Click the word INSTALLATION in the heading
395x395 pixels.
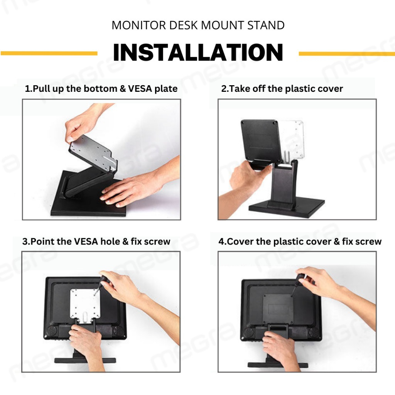198,52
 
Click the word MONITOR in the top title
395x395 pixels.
139,25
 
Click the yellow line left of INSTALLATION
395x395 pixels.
49,53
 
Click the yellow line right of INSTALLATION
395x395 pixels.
347,54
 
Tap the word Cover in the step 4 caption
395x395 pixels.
240,241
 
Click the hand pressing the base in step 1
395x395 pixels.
133,189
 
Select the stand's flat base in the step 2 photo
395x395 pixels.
287,207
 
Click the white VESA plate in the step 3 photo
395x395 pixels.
85,304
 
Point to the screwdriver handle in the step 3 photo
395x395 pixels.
103,280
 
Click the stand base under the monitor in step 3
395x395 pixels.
85,360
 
